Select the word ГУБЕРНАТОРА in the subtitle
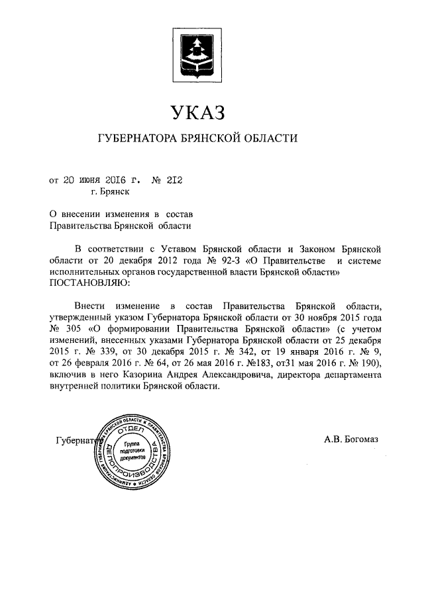(135, 139)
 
